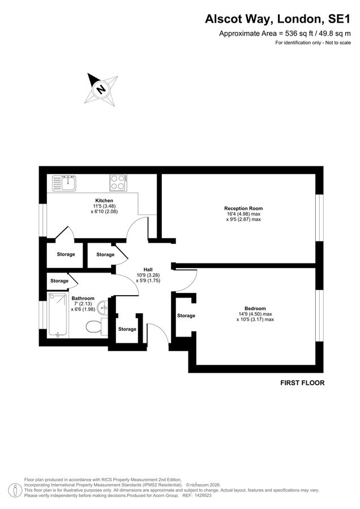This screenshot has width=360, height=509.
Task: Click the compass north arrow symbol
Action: (101, 89)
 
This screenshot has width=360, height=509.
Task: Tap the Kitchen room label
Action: (104, 201)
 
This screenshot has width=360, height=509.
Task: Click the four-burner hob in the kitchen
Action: (118, 182)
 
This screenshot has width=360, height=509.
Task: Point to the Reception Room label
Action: (243, 208)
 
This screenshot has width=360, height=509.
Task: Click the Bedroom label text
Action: (255, 308)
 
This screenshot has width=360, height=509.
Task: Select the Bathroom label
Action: (83, 298)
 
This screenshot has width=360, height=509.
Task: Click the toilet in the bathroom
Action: (93, 326)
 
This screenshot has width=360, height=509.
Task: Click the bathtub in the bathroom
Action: (58, 316)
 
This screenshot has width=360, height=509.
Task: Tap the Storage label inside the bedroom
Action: (186, 316)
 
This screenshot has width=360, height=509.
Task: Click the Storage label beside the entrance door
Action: (127, 329)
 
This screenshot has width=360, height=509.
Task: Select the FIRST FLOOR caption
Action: (302, 383)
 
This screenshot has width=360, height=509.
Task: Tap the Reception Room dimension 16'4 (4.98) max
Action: (243, 214)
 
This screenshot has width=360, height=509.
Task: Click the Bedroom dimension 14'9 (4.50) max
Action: (255, 314)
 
